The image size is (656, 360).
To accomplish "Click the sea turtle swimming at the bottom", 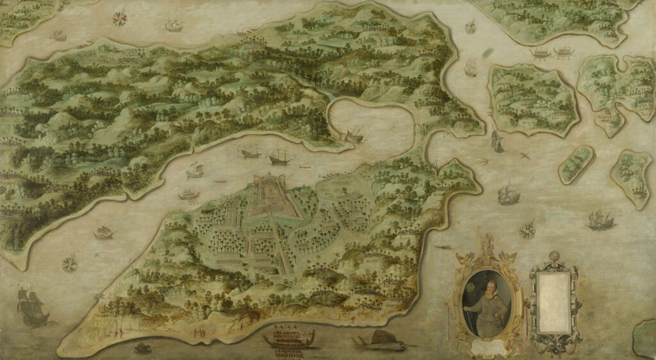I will [142, 348].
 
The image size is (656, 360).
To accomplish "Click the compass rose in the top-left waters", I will [119, 19].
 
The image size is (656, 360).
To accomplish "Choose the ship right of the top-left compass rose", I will [172, 25].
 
